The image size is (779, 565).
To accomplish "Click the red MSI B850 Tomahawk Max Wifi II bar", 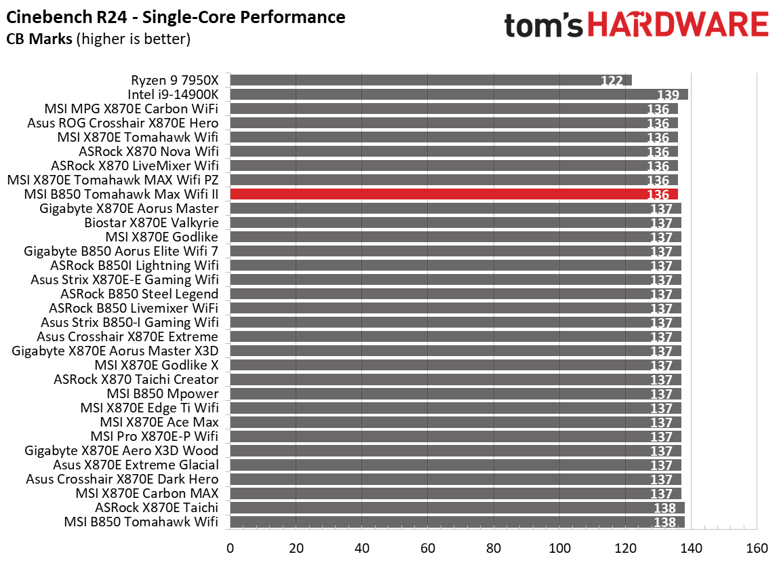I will (x=454, y=195).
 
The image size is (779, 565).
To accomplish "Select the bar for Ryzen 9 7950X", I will (x=431, y=80).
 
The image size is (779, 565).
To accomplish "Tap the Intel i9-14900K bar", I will (x=459, y=94).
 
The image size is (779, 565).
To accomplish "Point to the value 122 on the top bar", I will (x=612, y=81).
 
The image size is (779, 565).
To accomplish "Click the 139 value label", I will (x=668, y=96).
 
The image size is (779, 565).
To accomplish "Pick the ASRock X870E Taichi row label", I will (x=157, y=507).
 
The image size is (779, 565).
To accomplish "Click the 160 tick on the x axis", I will (x=757, y=548).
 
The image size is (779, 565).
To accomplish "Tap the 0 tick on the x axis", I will (x=231, y=548).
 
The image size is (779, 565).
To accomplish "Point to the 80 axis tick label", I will (x=494, y=548).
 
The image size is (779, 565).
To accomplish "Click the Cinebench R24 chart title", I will (x=176, y=17).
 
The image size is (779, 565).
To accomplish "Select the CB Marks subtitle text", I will (x=98, y=39).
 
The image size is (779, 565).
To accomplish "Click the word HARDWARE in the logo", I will (x=678, y=25).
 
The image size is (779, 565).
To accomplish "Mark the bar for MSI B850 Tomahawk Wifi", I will (x=457, y=522).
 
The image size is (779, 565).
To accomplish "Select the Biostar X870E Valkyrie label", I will (x=151, y=222).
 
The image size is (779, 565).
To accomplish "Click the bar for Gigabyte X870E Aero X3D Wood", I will (x=456, y=450).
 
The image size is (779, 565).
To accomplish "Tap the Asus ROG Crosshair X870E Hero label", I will (x=123, y=123).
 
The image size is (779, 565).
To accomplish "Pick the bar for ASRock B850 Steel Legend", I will (x=456, y=294).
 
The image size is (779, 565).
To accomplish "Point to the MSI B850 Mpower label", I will (x=163, y=393).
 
